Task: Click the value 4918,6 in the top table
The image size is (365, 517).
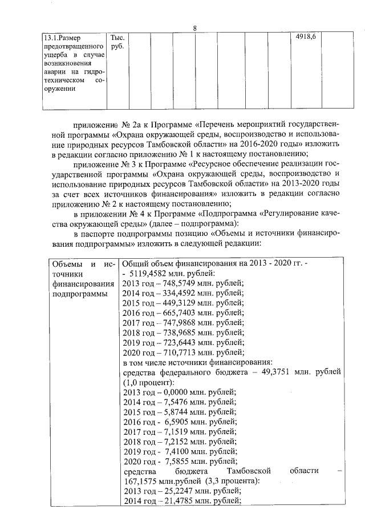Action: [x=306, y=37]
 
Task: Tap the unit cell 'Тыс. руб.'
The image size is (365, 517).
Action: [x=117, y=41]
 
